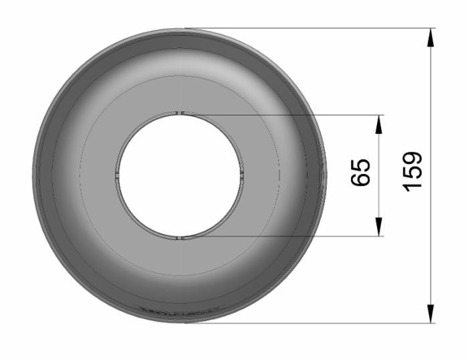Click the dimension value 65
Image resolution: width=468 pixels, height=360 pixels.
pyautogui.click(x=361, y=175)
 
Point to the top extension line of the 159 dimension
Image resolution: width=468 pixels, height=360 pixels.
pyautogui.click(x=308, y=28)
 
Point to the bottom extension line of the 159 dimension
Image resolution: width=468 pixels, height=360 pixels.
pyautogui.click(x=308, y=323)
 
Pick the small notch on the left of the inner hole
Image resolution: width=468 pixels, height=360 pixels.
pyautogui.click(x=118, y=175)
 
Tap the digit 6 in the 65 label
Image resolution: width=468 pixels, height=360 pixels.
pyautogui.click(x=361, y=181)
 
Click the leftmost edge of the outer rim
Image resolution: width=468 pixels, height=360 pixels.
pyautogui.click(x=33, y=175)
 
